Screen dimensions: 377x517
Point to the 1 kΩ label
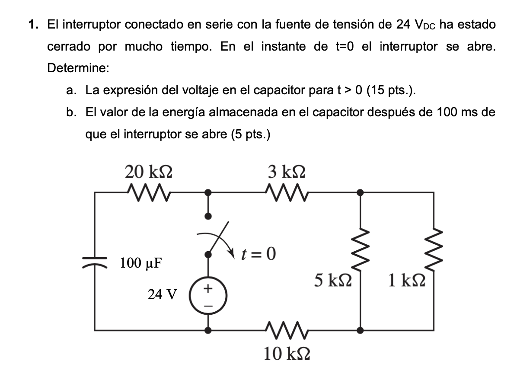[x=406, y=281]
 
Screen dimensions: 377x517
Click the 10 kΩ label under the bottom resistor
[x=287, y=354]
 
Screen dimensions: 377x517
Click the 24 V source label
[x=162, y=295]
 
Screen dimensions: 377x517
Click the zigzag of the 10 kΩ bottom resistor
[x=286, y=330]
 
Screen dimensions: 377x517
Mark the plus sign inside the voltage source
[x=208, y=288]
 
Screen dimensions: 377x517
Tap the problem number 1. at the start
[x=34, y=25]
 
